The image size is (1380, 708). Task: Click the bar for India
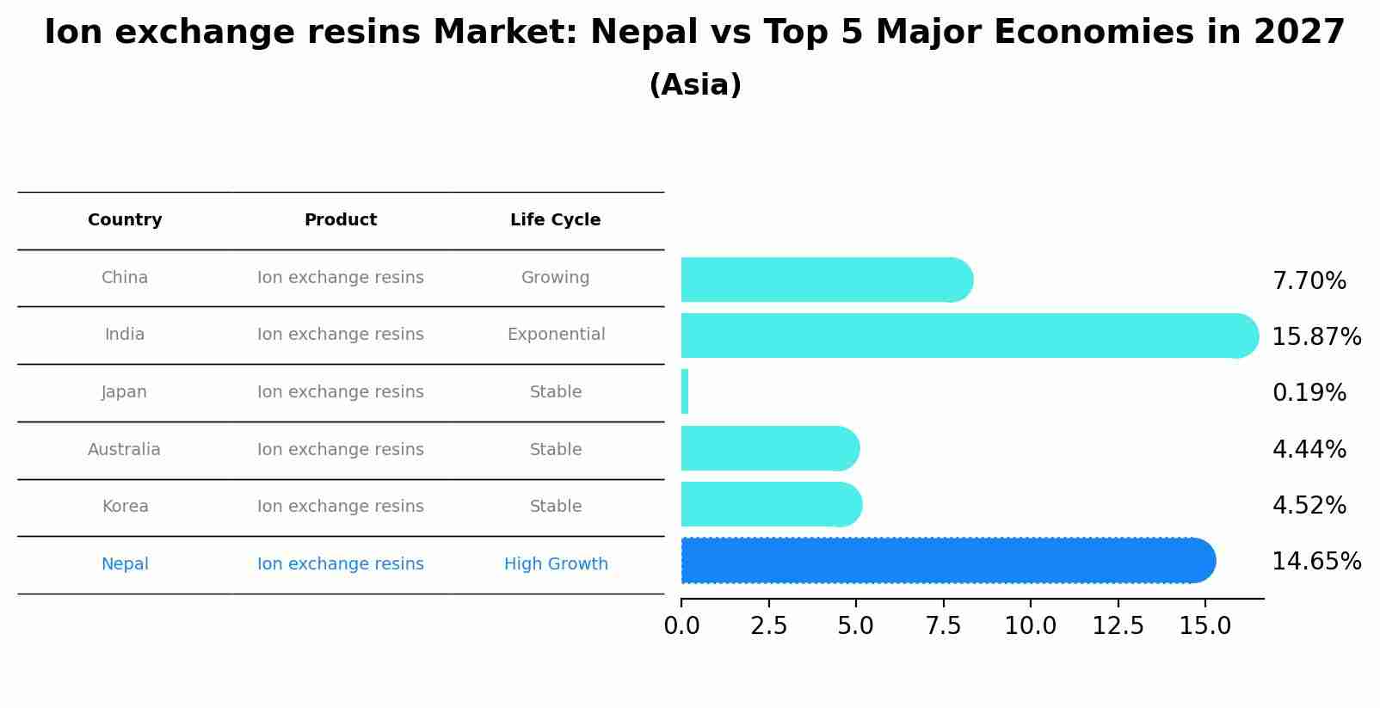tap(968, 336)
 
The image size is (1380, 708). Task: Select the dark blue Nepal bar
tap(946, 561)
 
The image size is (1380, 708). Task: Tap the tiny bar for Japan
tap(685, 391)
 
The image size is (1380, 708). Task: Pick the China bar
tap(826, 280)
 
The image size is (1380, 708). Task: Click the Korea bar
tap(771, 504)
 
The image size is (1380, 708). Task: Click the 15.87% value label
tap(1315, 336)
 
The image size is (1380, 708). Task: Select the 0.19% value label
tap(1309, 393)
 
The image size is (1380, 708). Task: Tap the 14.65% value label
tap(1315, 562)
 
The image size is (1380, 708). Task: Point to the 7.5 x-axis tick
tap(943, 625)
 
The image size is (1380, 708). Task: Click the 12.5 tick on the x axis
tap(1118, 625)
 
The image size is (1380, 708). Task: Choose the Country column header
tap(125, 220)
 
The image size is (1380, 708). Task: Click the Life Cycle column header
tap(555, 220)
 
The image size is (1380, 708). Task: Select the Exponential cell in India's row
tap(556, 335)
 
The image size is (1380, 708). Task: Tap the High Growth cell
tap(556, 564)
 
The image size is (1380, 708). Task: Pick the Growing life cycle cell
tap(555, 278)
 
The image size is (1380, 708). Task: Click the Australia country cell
tap(124, 450)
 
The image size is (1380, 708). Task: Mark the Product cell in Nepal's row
tap(340, 564)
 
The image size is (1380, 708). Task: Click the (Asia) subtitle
tap(695, 85)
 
